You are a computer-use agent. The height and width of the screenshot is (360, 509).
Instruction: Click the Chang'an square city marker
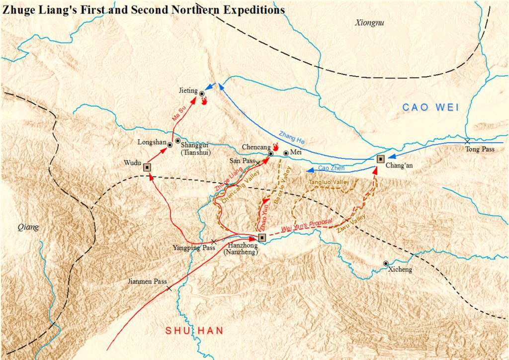click(381, 159)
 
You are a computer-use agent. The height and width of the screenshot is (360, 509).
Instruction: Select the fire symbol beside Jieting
click(204, 100)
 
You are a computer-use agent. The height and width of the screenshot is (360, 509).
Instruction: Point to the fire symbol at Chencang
click(276, 147)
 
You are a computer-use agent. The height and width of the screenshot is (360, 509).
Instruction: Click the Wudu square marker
click(147, 167)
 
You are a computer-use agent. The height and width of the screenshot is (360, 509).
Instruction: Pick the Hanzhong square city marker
click(262, 238)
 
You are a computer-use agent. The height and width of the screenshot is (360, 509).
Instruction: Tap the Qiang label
click(28, 227)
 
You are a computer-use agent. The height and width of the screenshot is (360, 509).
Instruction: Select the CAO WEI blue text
click(430, 107)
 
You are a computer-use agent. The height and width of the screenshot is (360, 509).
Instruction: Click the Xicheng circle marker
click(386, 263)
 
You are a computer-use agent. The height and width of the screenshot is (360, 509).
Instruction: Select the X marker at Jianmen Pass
click(169, 288)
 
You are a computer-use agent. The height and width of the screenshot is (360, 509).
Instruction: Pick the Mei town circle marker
click(286, 153)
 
